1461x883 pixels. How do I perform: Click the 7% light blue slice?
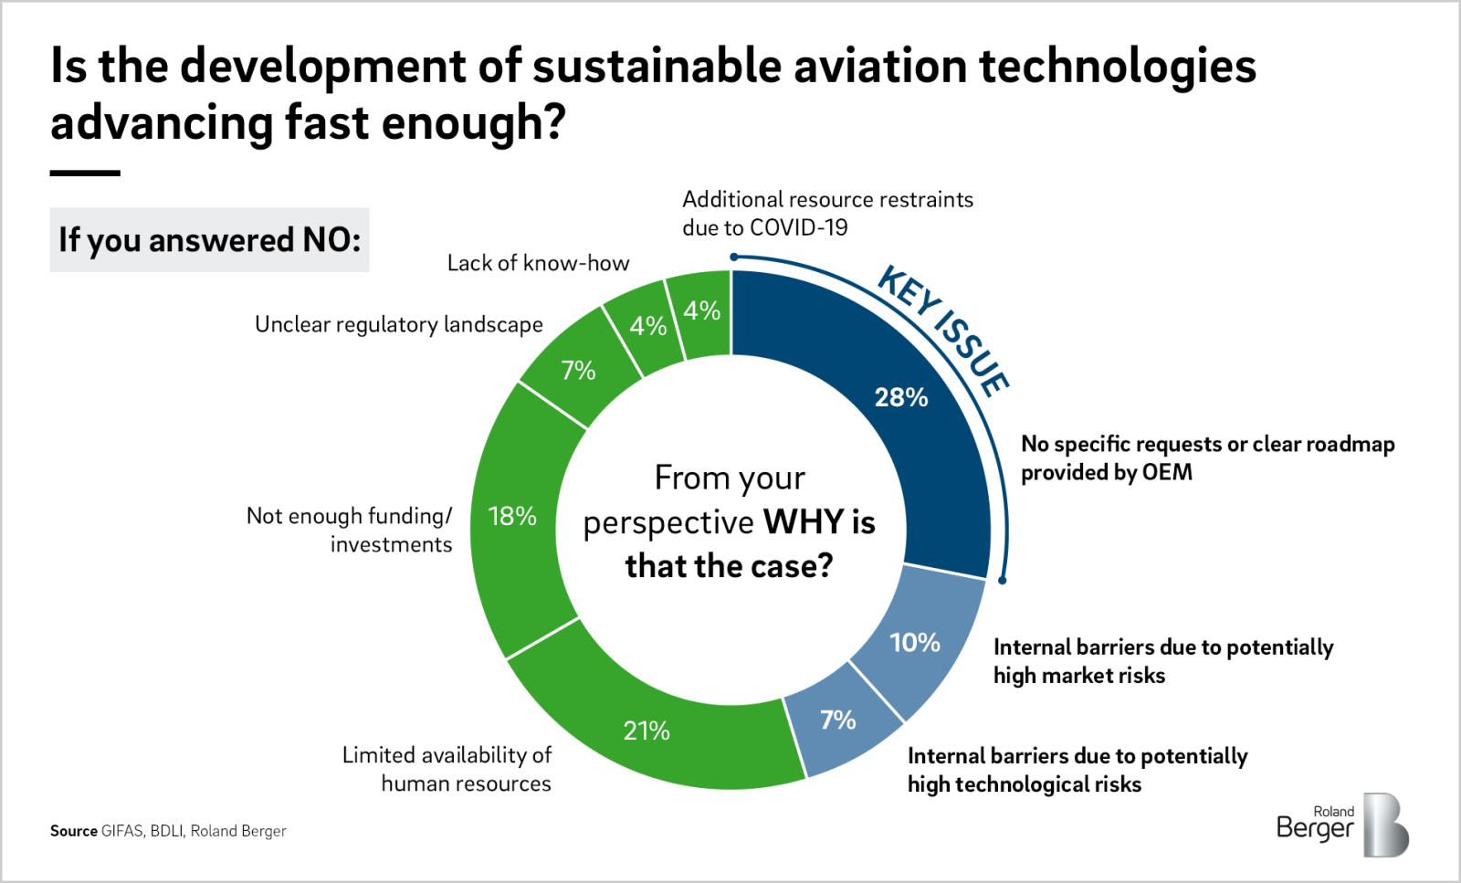coord(838,721)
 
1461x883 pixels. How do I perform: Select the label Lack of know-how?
coord(538,263)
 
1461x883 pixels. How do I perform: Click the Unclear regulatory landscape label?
coord(398,324)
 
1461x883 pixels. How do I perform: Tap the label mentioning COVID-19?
coord(827,214)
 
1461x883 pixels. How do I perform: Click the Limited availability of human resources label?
coord(447,769)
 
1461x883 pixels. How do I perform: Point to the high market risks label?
coord(1162,661)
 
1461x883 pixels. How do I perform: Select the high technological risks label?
coord(1077,770)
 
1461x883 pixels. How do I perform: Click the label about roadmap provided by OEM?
coord(1207,457)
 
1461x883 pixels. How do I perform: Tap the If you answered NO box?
coord(209,240)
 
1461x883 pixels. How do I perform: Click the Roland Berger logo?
coord(1341,825)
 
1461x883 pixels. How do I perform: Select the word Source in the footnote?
coord(74,831)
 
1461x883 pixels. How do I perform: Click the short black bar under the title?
coord(85,173)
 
